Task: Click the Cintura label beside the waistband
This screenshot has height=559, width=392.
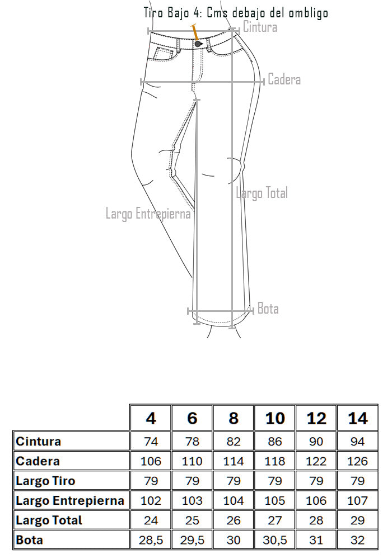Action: tap(260, 27)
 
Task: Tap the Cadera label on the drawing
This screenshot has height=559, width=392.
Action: tap(284, 79)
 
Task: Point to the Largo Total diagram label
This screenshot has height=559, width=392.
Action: tap(262, 193)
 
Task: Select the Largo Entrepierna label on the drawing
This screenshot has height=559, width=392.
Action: tap(148, 214)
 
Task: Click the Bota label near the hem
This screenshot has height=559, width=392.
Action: tap(268, 309)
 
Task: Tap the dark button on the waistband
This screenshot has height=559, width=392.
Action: tap(198, 44)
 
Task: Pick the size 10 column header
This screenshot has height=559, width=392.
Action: tap(275, 418)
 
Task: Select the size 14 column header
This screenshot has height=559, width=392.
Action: tap(358, 418)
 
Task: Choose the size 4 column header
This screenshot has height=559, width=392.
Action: tap(151, 418)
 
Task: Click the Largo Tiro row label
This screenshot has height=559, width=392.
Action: tap(46, 481)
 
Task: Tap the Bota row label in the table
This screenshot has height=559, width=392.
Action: tap(29, 540)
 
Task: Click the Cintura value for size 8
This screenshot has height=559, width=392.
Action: tap(234, 442)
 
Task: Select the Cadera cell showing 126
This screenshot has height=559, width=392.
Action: tap(357, 461)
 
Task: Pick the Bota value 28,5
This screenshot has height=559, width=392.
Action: tap(151, 540)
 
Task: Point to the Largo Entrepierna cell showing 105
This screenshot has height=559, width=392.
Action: tap(275, 500)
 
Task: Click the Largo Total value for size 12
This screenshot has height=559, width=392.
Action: tap(316, 520)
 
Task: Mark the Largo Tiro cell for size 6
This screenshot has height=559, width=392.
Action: tap(192, 481)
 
